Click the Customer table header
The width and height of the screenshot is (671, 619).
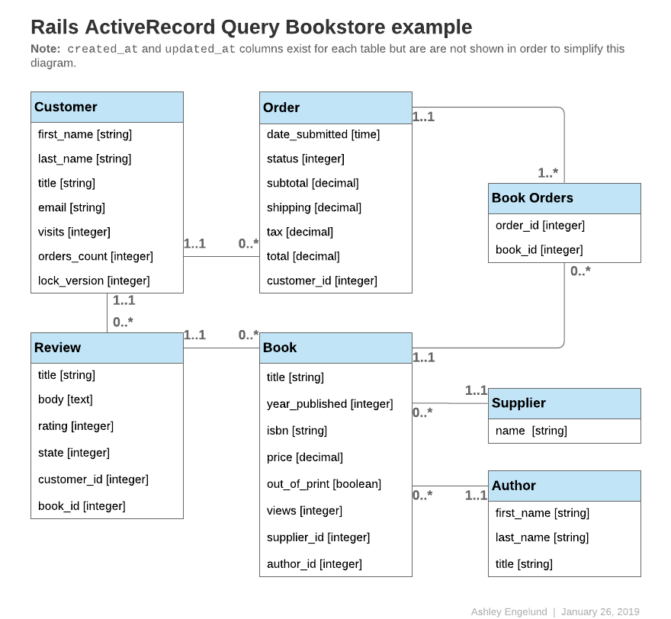pyautogui.click(x=107, y=107)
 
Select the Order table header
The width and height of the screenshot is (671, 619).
pyautogui.click(x=335, y=107)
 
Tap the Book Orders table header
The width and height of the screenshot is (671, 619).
pyautogui.click(x=564, y=198)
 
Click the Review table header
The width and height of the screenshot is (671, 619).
pyautogui.click(x=107, y=348)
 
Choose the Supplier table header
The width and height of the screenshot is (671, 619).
pyautogui.click(x=564, y=403)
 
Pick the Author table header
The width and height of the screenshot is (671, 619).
pyautogui.click(x=564, y=486)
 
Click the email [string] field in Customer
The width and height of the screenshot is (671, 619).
pyautogui.click(x=72, y=207)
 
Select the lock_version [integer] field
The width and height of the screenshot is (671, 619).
pyautogui.click(x=94, y=281)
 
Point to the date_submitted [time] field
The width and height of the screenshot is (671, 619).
pyautogui.click(x=323, y=134)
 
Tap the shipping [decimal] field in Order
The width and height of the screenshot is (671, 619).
pyautogui.click(x=314, y=207)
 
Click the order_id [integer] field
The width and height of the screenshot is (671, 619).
pyautogui.click(x=540, y=225)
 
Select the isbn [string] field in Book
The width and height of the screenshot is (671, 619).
pyautogui.click(x=297, y=431)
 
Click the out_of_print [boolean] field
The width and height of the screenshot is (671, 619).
pyautogui.click(x=324, y=484)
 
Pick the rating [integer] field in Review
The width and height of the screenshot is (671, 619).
pyautogui.click(x=75, y=426)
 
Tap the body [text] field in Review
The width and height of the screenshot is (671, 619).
pyautogui.click(x=65, y=399)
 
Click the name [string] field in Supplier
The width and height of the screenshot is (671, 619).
pyautogui.click(x=531, y=431)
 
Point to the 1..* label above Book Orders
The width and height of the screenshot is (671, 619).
pyautogui.click(x=547, y=173)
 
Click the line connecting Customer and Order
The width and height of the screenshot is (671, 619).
pyautogui.click(x=221, y=256)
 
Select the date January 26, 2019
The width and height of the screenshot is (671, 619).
pyautogui.click(x=600, y=611)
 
